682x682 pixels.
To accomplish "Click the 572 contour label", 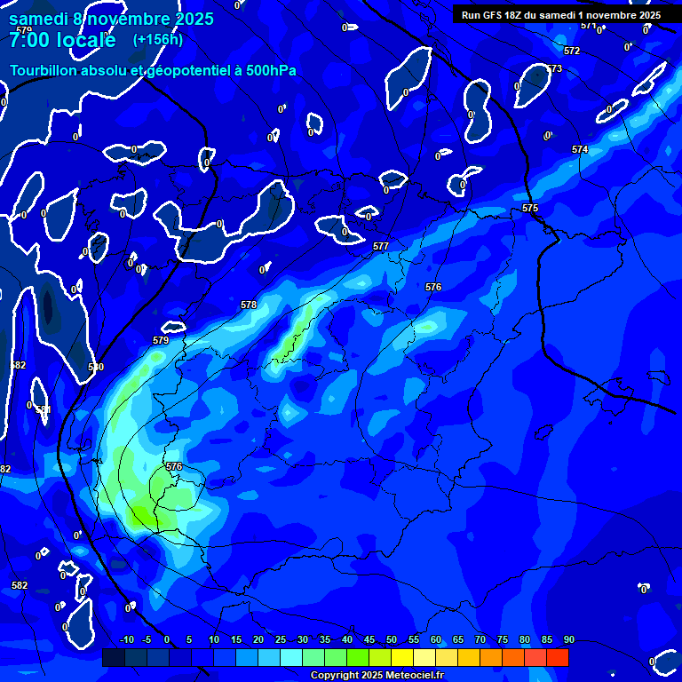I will pyautogui.click(x=572, y=52).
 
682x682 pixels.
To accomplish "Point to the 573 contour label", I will pyautogui.click(x=554, y=68).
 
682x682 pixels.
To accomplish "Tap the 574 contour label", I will pyautogui.click(x=580, y=149).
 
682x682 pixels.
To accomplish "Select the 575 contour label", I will pyautogui.click(x=530, y=208).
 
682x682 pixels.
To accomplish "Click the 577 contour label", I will pyautogui.click(x=380, y=246).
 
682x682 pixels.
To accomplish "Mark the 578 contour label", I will pyautogui.click(x=249, y=305).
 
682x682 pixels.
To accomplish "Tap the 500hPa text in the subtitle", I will pyautogui.click(x=266, y=70).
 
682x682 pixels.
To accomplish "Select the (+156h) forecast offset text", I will pyautogui.click(x=158, y=39).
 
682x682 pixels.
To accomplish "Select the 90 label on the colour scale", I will pyautogui.click(x=569, y=639).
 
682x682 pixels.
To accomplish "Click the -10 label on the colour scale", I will pyautogui.click(x=126, y=639).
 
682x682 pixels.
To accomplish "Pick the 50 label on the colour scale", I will pyautogui.click(x=391, y=639).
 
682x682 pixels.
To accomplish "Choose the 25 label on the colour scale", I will pyautogui.click(x=280, y=639).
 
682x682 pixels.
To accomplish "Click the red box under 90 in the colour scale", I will pyautogui.click(x=557, y=657).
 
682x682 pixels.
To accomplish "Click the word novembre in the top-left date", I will pyautogui.click(x=130, y=19).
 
